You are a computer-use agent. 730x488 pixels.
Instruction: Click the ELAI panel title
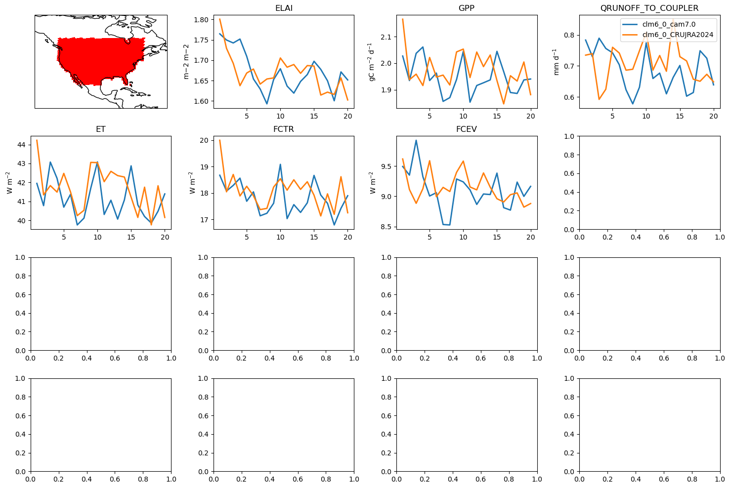pos(284,8)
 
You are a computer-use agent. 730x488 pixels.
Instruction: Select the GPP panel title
pos(467,8)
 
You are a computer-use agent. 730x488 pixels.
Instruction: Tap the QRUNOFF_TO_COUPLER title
pos(649,8)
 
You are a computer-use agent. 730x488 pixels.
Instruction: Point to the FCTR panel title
pos(284,129)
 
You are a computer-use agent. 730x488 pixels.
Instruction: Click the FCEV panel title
pos(467,129)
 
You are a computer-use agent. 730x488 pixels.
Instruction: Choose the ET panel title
pos(101,129)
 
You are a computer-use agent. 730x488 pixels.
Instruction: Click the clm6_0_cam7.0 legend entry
pos(669,24)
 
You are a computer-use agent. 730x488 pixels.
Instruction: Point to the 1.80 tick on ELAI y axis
pos(201,20)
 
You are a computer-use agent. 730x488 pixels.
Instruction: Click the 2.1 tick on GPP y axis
pos(386,37)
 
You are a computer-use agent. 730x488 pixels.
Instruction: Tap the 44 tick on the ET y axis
pos(21,145)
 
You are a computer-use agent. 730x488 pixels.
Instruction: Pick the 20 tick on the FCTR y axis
pos(204,140)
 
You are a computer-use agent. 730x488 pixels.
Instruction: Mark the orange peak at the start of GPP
pos(403,19)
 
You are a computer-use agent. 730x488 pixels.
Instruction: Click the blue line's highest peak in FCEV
pos(416,140)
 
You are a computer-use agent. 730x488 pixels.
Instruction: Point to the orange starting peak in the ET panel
pos(37,140)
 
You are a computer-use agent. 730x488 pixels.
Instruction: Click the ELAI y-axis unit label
pos(186,62)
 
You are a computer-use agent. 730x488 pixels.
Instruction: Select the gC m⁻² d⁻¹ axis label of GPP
pos(371,62)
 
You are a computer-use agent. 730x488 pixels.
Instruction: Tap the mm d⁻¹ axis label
pos(556,62)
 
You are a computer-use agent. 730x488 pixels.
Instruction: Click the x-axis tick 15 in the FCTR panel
pos(314,237)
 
